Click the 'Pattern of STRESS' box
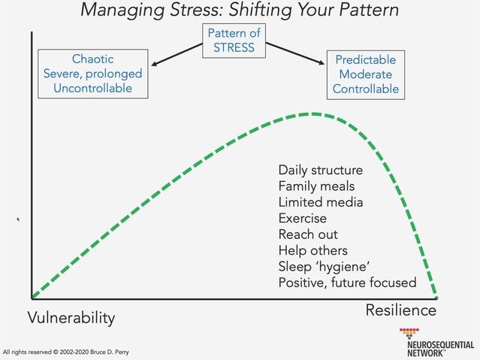tap(234, 41)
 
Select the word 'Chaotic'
tap(92, 59)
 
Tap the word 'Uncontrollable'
tap(92, 88)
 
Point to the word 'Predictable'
tap(366, 59)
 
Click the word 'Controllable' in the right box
tap(366, 89)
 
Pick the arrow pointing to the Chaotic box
tap(177, 54)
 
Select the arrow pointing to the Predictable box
tap(295, 53)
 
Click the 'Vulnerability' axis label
tap(71, 318)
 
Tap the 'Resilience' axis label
tap(401, 310)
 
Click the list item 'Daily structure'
tap(321, 170)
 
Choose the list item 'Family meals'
tap(316, 186)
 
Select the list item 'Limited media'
tap(321, 202)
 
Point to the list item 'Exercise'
tap(303, 218)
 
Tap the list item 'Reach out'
tap(308, 234)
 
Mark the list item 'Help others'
tap(312, 250)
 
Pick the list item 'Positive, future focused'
tap(348, 283)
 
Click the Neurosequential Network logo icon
tap(409, 333)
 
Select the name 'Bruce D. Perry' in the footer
tap(109, 352)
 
